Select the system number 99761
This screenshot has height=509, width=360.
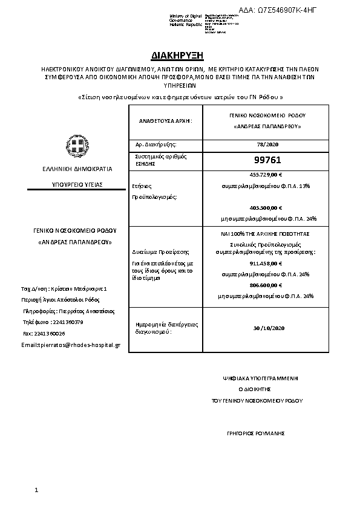coord(266,161)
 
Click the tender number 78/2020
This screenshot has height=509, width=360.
coord(266,144)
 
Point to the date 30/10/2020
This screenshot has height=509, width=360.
coord(266,328)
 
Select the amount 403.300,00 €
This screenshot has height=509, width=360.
coord(266,208)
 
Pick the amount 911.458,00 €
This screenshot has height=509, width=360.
coord(266,264)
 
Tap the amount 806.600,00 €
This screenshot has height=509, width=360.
coord(266,285)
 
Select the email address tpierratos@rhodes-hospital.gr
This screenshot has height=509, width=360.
coord(71,345)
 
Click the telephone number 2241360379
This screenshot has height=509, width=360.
coord(67,322)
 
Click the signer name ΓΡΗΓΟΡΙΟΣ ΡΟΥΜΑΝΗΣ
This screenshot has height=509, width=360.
coord(254,433)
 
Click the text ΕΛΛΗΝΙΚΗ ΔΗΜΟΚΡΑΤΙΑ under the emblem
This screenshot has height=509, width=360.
coord(77,169)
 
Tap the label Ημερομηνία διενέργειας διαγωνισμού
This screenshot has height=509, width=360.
coord(159,328)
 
